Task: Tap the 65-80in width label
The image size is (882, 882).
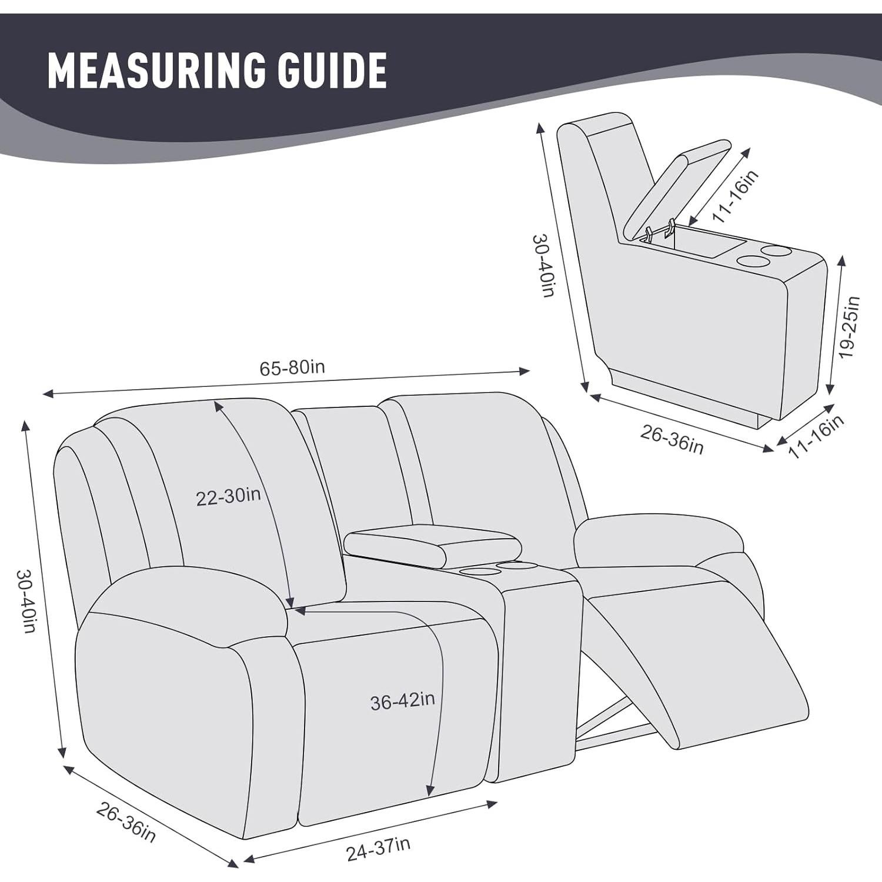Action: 292,368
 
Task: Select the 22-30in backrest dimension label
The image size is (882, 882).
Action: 228,497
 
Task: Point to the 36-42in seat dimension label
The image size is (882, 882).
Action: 403,700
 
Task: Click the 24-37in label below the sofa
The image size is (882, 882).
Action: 378,848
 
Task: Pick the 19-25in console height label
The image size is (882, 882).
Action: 850,328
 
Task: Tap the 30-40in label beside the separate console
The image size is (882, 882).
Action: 544,265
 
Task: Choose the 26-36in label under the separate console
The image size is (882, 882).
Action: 671,439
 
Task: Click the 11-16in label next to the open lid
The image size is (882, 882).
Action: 735,196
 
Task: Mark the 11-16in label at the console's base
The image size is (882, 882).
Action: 816,436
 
